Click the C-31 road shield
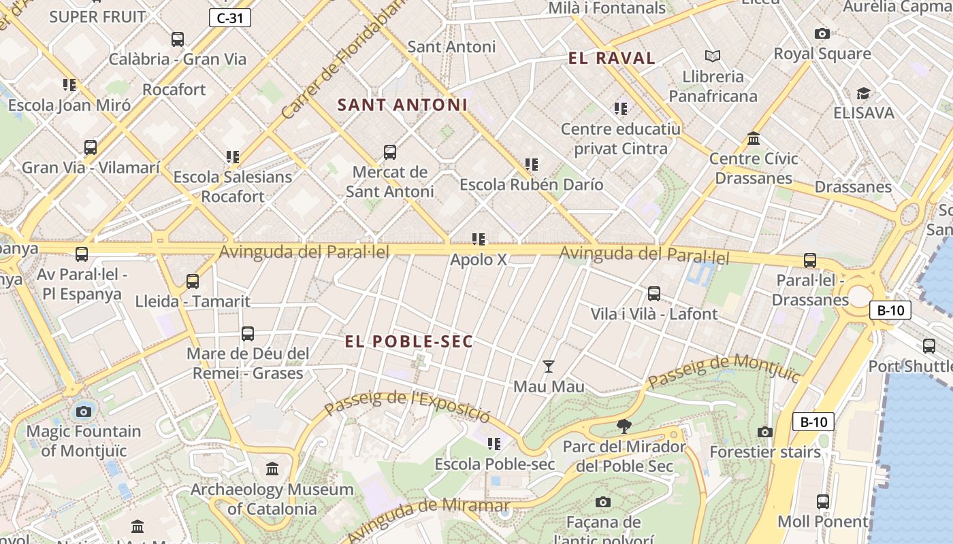230,18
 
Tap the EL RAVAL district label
612,58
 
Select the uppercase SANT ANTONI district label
402,105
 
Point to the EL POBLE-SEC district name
408,342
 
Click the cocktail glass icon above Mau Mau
549,367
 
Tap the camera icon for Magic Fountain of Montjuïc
84,411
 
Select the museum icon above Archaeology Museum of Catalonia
272,469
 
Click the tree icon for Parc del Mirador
624,426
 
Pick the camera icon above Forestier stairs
765,432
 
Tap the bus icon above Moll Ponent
823,502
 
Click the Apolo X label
479,260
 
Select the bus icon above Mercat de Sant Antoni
390,152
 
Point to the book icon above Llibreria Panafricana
713,56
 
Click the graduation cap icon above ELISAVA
863,93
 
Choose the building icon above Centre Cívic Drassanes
754,139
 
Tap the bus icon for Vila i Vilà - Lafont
654,294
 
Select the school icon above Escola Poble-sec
494,444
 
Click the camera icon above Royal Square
822,33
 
